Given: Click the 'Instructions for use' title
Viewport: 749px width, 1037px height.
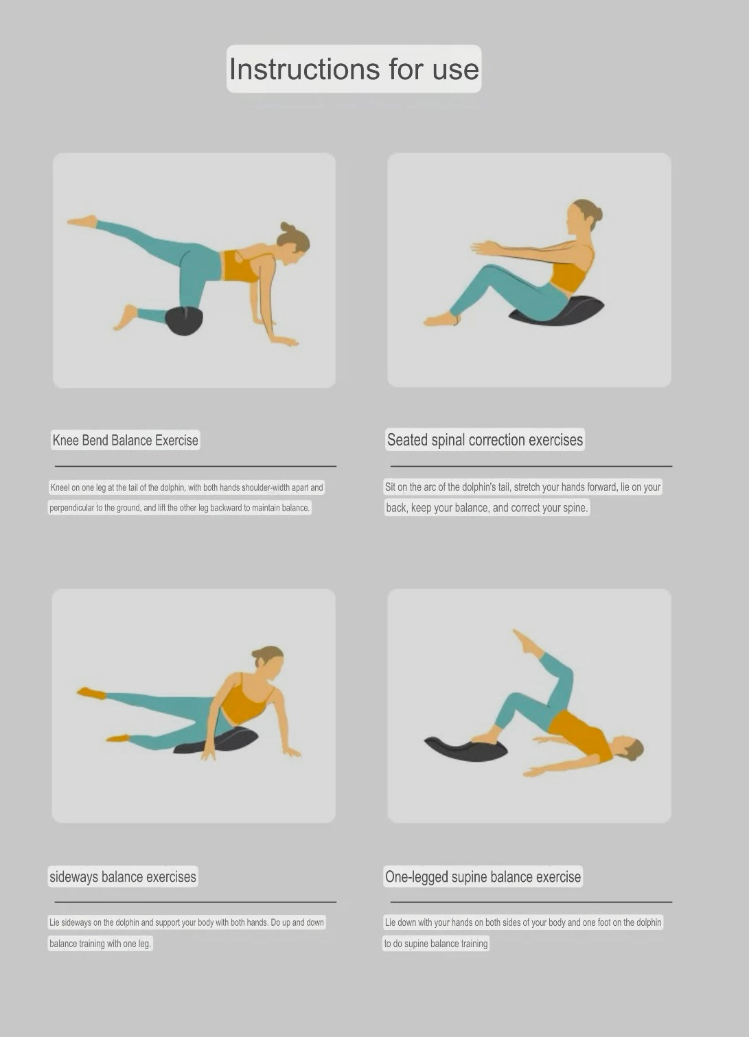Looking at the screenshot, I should (354, 69).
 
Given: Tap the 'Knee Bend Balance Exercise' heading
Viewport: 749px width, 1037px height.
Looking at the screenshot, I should (125, 440).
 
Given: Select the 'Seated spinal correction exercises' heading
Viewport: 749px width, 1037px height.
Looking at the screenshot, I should (485, 439).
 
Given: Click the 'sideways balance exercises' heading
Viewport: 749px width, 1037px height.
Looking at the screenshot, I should (123, 876).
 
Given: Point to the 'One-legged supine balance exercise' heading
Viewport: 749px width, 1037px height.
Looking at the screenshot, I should (483, 876).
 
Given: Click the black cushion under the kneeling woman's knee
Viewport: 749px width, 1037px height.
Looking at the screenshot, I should (184, 321).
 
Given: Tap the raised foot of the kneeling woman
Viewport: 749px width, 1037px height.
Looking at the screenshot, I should (82, 221).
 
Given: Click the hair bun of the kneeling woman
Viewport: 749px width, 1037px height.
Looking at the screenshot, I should (286, 227).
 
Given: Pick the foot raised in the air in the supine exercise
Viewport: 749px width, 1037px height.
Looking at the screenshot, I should (526, 642).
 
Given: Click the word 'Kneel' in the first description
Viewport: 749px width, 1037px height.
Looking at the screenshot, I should (60, 487).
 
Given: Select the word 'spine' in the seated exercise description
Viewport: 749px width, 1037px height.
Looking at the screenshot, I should (573, 508).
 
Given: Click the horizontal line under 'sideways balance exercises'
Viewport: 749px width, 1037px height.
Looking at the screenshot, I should (195, 902).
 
